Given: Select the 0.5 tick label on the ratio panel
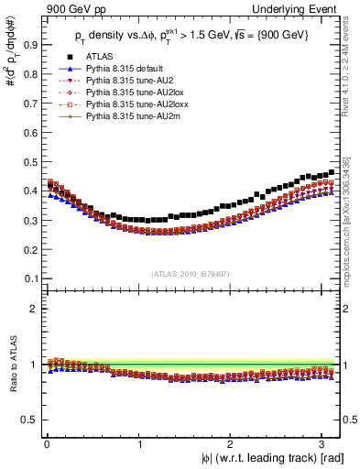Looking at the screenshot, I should pos(27,420).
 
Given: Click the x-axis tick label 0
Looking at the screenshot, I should pos(46,444).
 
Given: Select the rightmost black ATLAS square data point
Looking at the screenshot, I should pos(332,171).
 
